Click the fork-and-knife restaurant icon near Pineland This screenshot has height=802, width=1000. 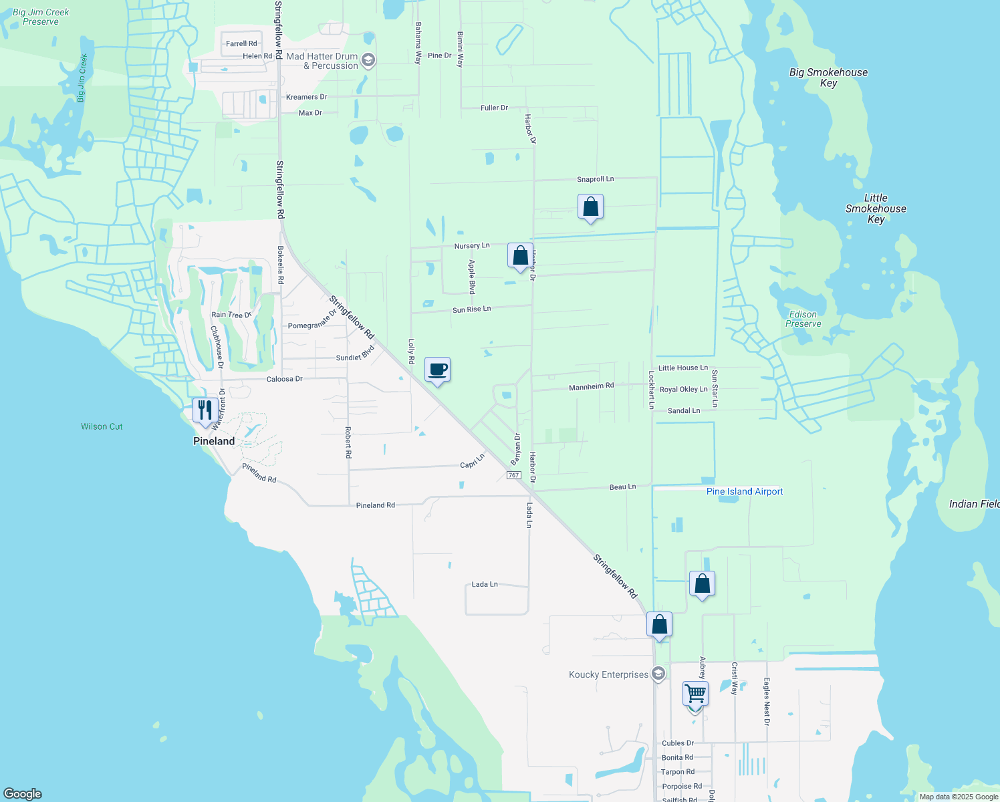(205, 410)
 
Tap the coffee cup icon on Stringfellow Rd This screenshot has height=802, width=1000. (437, 370)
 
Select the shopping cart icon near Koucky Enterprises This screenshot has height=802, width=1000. (695, 694)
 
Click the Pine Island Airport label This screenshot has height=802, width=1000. (745, 491)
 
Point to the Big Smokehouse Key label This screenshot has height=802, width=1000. (828, 78)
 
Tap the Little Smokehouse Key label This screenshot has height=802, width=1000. (876, 209)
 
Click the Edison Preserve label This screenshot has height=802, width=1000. (803, 319)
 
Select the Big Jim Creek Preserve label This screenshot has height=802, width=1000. (41, 17)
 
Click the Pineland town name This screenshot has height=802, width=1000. (214, 441)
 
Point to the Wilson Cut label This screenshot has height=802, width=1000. (102, 426)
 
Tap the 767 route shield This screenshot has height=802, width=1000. (513, 475)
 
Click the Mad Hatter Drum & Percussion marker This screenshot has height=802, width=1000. (368, 61)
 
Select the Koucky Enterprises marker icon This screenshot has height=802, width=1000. (658, 674)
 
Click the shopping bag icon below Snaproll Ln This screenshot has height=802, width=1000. (590, 207)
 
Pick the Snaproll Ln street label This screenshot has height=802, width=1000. (595, 179)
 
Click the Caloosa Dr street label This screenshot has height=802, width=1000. (285, 379)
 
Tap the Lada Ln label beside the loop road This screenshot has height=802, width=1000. (485, 584)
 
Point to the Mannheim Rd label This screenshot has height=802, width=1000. (591, 386)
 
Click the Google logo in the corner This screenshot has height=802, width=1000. (23, 793)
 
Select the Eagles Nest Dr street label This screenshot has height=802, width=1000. (767, 701)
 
